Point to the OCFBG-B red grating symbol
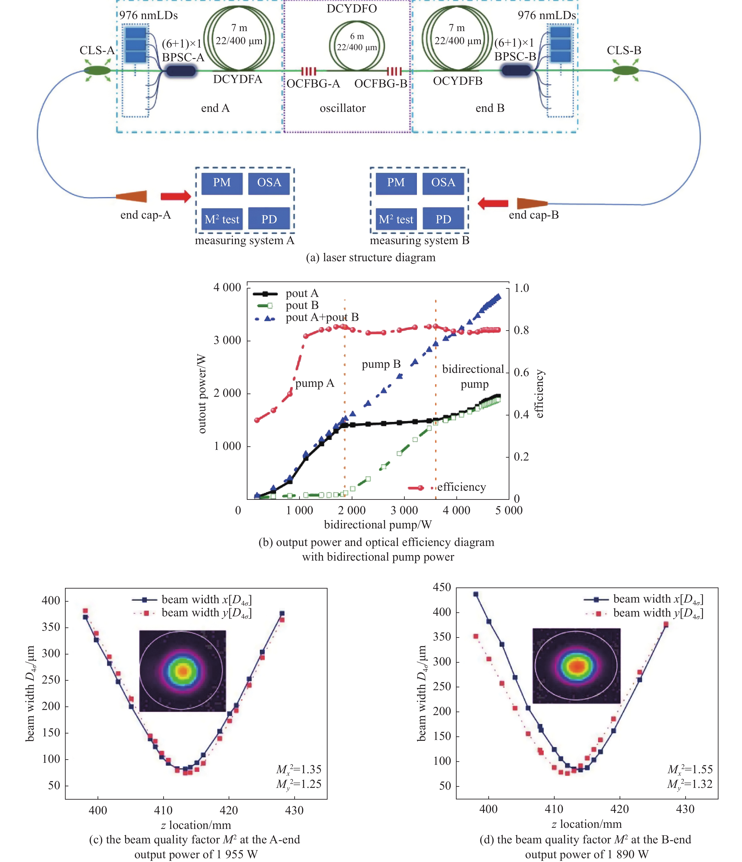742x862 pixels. point(394,71)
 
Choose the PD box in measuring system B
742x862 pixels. point(443,219)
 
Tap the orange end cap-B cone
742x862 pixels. point(532,204)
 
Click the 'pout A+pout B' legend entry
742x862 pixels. point(322,317)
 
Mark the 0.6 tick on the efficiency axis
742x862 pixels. point(521,372)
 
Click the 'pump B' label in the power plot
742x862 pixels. point(381,364)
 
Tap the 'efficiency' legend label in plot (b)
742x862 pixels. point(461,487)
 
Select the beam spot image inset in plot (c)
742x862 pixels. point(183,671)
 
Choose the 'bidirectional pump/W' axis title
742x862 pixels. point(378,525)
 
